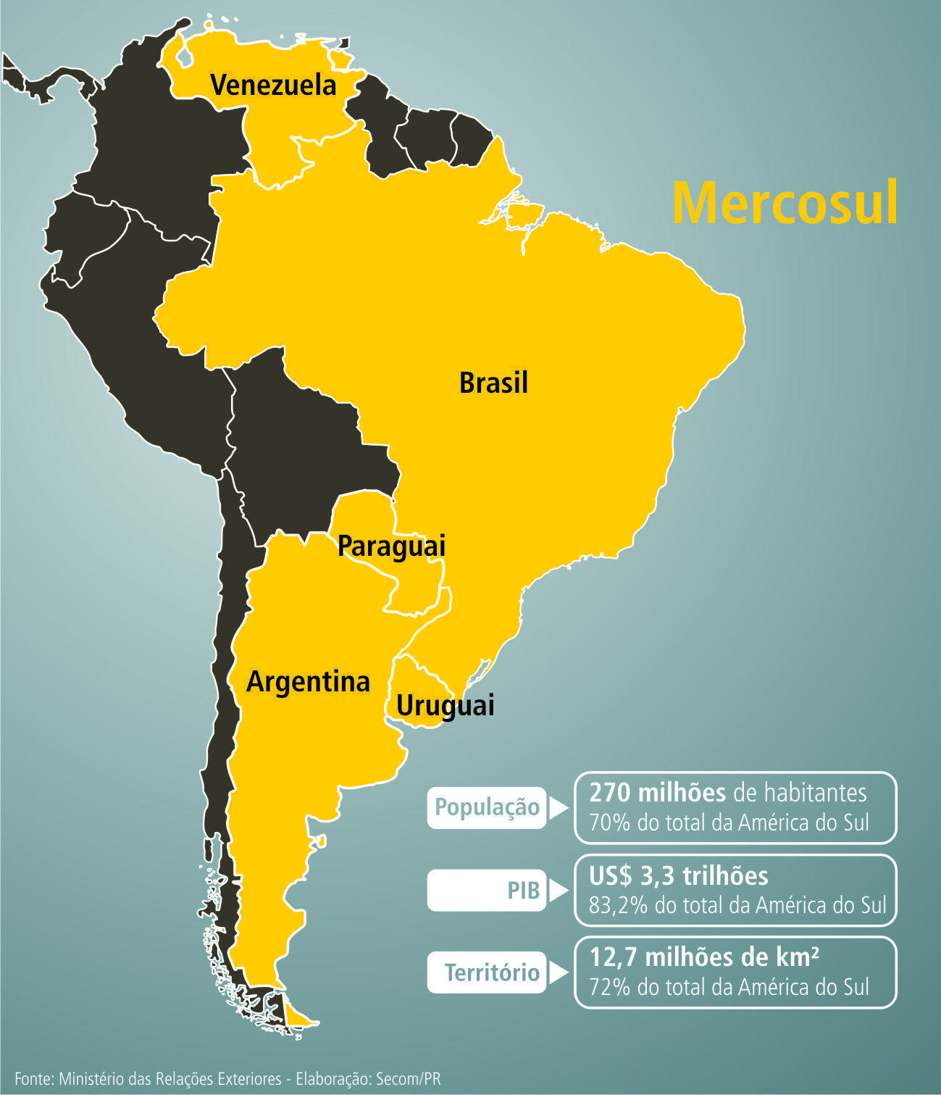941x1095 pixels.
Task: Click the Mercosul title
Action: click(785, 204)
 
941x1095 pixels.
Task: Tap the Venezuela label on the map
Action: click(273, 86)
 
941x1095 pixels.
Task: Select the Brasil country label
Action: click(493, 383)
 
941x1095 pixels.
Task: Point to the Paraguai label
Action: click(391, 546)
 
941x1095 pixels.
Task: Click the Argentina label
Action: click(308, 682)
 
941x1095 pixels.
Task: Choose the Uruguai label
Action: click(445, 704)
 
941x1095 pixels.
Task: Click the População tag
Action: click(487, 807)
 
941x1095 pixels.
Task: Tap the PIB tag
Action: click(523, 890)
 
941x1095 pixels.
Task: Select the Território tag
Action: click(492, 972)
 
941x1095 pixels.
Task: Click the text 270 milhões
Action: click(657, 793)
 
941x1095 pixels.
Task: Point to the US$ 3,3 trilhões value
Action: click(678, 876)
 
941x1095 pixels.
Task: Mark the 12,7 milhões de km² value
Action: click(704, 958)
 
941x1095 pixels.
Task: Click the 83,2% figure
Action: click(618, 906)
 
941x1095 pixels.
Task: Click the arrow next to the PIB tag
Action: click(557, 891)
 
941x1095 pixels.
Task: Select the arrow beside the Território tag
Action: click(557, 973)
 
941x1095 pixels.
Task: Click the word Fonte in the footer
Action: click(33, 1078)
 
